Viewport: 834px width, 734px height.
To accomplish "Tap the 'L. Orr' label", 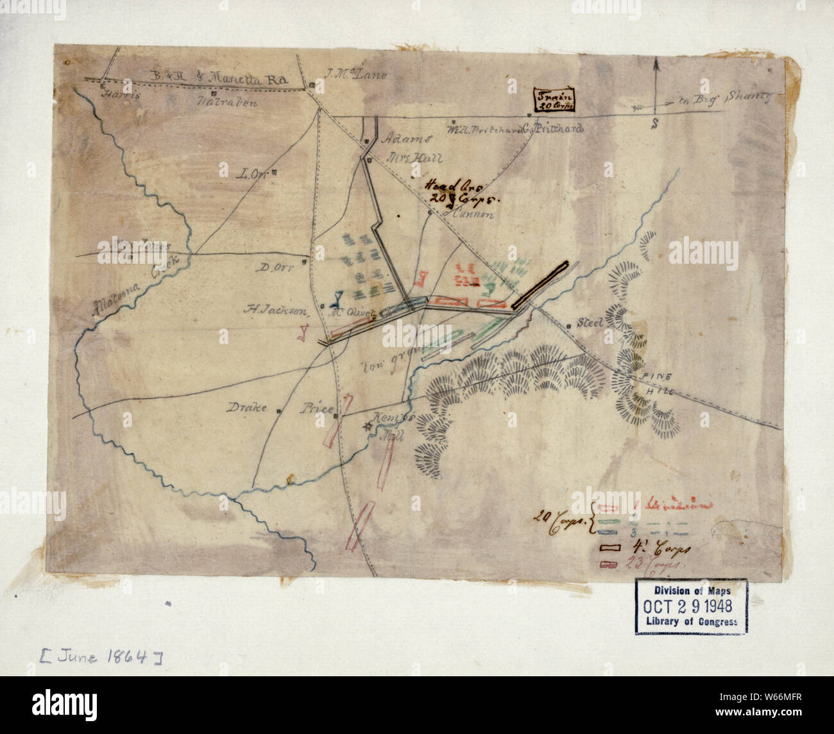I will pyautogui.click(x=250, y=173).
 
